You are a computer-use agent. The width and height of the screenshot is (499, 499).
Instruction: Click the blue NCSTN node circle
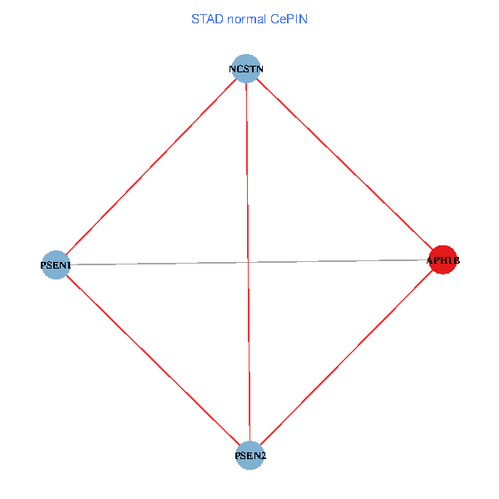coord(245,68)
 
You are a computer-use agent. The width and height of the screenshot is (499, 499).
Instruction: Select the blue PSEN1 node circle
coord(55,265)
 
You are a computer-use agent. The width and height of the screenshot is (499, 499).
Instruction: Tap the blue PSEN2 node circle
coord(249,455)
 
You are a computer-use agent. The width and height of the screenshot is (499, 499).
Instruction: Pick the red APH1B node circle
coord(442,260)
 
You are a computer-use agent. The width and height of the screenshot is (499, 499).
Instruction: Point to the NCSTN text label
coord(247,68)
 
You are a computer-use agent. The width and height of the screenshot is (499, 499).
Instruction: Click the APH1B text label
coord(442,261)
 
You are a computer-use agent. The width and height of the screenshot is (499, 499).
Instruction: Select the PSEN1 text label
coord(56,265)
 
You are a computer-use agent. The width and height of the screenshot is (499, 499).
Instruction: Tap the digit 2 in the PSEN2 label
coord(264,456)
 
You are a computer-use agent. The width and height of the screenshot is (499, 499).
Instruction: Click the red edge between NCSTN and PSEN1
coord(150,166)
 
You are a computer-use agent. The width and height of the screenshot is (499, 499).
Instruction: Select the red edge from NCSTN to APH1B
coord(344,165)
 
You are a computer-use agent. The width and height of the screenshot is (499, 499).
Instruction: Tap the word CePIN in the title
coord(289,18)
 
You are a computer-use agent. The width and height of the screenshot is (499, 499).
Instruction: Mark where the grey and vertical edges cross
coord(248,263)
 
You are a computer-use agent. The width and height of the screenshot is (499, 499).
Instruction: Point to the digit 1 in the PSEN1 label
coord(69,265)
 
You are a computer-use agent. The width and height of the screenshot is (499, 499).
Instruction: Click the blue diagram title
coord(249,18)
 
